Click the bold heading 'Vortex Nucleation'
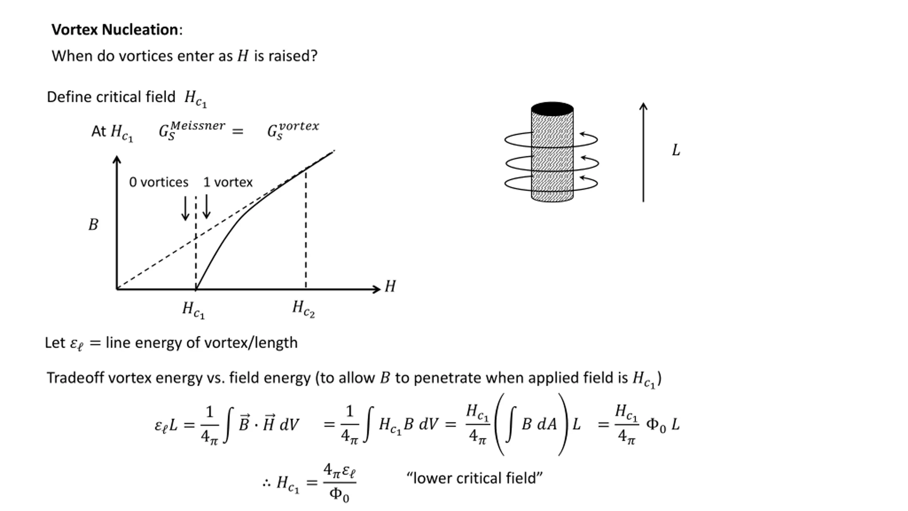pos(115,29)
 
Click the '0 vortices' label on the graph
pos(159,182)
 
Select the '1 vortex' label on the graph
pos(228,182)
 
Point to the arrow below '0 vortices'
pos(185,209)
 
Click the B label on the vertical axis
pos(93,225)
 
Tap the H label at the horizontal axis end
pos(390,286)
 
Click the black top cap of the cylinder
pos(552,109)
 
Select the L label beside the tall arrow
pos(676,150)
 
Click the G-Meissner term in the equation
pos(192,130)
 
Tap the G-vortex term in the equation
pos(293,130)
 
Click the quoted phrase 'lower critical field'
pos(474,478)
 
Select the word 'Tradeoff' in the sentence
pos(76,378)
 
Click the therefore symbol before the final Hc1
pos(267,483)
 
